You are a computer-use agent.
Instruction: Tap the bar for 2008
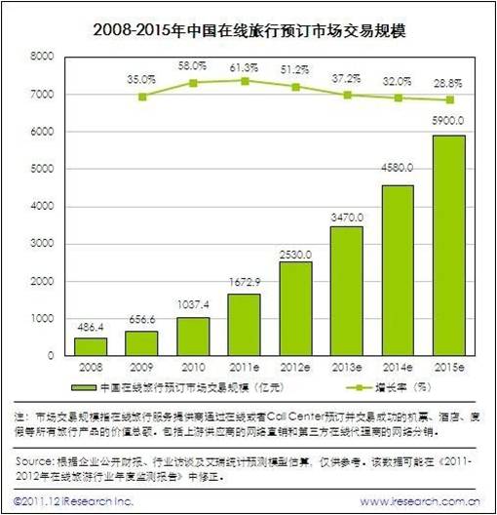(x=91, y=346)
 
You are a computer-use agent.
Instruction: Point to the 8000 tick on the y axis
(x=41, y=58)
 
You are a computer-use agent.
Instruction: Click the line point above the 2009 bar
(x=143, y=97)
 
